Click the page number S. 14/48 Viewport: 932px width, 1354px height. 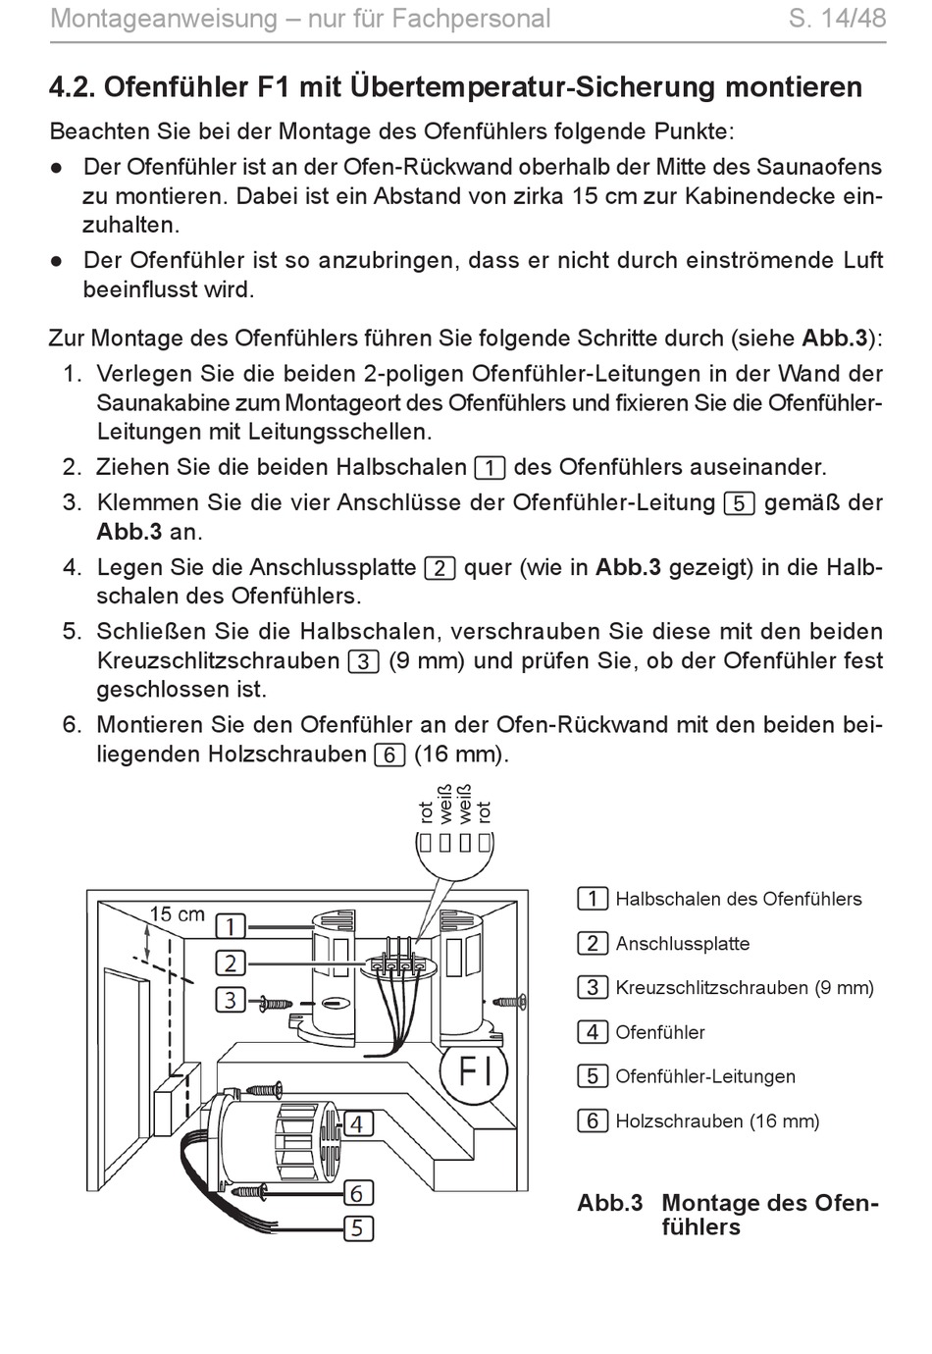[837, 19]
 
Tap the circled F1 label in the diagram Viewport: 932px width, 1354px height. [475, 1070]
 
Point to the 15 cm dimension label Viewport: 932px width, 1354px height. [177, 914]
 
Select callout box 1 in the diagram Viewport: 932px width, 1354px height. [230, 925]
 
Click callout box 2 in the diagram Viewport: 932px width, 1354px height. [230, 963]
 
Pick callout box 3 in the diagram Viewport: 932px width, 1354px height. [230, 1000]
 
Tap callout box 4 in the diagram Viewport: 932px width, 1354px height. [357, 1123]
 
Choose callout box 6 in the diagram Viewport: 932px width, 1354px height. [357, 1193]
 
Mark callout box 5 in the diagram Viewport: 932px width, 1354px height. [357, 1227]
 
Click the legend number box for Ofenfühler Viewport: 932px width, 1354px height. [592, 1032]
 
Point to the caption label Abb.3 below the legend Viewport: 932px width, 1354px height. [609, 1203]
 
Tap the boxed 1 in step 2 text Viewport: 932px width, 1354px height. [489, 468]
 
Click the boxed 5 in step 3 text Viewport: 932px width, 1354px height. [739, 503]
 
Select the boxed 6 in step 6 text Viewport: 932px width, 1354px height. [389, 755]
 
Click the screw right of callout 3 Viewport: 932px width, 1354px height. [274, 1003]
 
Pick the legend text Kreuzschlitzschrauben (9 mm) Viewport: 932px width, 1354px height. [744, 988]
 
